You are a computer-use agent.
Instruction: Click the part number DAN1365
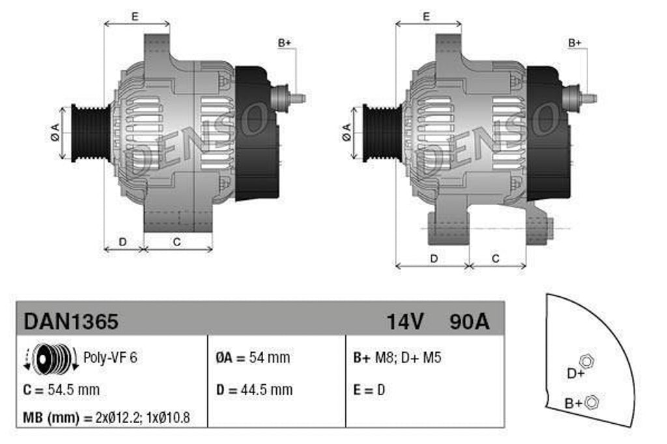pos(71,321)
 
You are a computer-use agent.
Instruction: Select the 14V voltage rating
pos(405,321)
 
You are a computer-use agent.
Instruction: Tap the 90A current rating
pos(469,321)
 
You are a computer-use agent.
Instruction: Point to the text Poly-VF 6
pos(110,357)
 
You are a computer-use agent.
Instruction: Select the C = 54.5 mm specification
pos(61,390)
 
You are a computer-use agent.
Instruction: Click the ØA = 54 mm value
pos(253,357)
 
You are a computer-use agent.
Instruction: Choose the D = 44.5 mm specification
pos(254,390)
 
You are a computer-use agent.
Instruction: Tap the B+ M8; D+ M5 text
pos(397,357)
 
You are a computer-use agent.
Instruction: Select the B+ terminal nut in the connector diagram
pos(591,402)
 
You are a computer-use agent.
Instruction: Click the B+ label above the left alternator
pos(285,43)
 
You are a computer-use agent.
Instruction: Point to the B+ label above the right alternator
pos(575,43)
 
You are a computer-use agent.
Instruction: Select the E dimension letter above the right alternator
pos(426,17)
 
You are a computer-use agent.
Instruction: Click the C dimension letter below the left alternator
pos(176,242)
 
